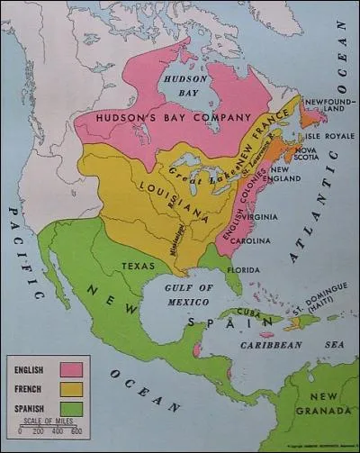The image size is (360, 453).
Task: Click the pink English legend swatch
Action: point(69,369)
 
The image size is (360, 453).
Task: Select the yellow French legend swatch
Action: point(69,388)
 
